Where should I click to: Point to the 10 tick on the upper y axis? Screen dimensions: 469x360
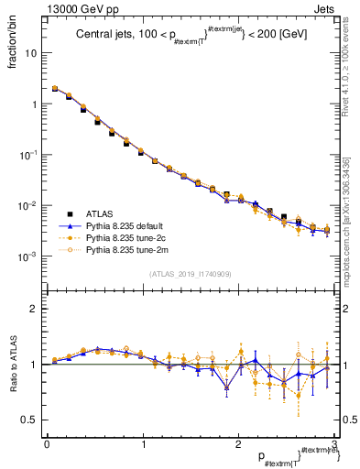tap(32, 53)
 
